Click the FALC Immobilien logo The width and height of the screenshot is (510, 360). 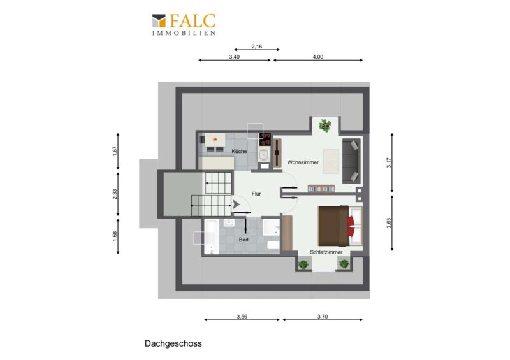tap(184, 24)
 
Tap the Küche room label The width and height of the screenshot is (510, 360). tap(239, 151)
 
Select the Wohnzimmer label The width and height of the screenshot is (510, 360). tap(303, 162)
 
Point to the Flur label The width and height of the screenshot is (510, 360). tap(256, 194)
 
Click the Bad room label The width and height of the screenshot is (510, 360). tap(244, 240)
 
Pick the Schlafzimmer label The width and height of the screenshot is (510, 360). tap(326, 252)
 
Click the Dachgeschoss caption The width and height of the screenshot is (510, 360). tap(173, 343)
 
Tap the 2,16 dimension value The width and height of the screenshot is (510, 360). tap(257, 47)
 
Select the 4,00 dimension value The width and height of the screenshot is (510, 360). tap(317, 57)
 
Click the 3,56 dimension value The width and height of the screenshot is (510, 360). tap(242, 317)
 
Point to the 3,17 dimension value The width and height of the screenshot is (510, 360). tap(389, 162)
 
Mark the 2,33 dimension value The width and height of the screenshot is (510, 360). tap(115, 194)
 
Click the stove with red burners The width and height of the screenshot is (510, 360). tap(265, 139)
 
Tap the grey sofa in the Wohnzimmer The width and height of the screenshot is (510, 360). tap(351, 161)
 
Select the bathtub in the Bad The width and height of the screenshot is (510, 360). tap(212, 237)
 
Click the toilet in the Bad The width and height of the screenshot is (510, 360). tap(273, 245)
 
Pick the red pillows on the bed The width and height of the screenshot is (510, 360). tap(351, 226)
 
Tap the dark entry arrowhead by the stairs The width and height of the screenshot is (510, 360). tap(235, 205)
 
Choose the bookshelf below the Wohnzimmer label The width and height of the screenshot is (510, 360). tap(321, 189)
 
